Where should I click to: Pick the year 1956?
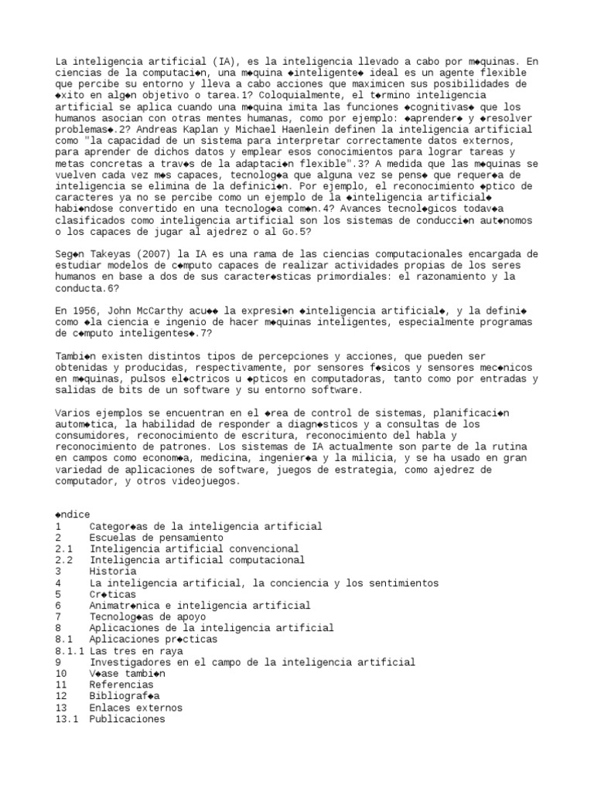pyautogui.click(x=87, y=311)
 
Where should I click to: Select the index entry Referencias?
pyautogui.click(x=121, y=685)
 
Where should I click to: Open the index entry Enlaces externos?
pyautogui.click(x=136, y=708)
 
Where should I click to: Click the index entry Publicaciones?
pyautogui.click(x=128, y=719)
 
